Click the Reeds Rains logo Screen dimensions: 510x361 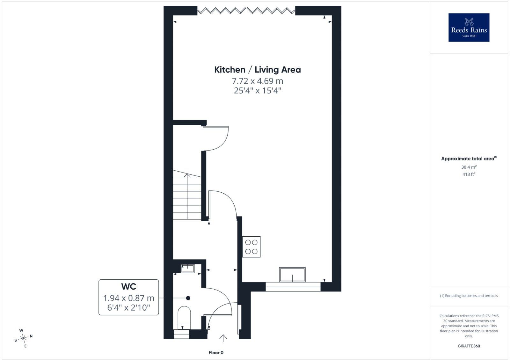469,27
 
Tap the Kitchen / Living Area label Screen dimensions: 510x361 258,70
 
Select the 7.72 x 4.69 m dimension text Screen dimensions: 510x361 258,81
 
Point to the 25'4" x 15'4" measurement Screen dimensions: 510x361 258,91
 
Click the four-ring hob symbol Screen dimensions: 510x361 251,247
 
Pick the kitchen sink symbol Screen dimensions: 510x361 292,275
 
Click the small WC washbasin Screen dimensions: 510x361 187,269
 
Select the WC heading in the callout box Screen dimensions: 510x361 129,286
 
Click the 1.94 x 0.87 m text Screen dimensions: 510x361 129,298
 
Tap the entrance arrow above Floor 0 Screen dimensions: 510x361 223,338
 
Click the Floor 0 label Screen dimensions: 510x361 216,353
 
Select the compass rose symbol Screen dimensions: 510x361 23,338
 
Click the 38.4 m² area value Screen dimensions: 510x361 469,167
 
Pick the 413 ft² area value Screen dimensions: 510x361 469,174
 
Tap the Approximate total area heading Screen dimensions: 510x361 469,158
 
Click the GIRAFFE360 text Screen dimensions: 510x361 469,346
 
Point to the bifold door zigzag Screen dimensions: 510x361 246,11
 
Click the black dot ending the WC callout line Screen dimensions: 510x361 188,298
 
